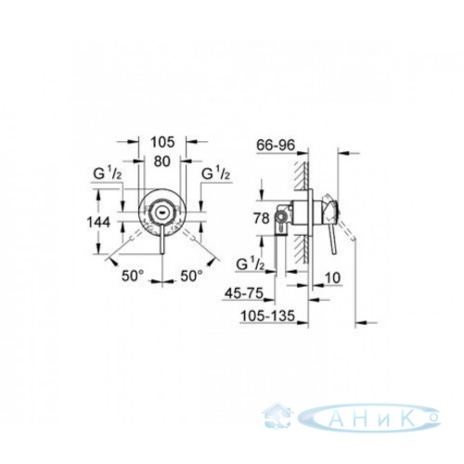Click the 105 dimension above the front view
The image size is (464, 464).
click(162, 142)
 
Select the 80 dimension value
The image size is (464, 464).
click(161, 161)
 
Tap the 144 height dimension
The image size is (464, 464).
click(98, 222)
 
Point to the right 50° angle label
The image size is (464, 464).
click(192, 276)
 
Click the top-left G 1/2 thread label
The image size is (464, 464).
click(108, 174)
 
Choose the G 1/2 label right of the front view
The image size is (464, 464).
click(216, 174)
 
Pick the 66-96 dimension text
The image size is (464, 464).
click(276, 146)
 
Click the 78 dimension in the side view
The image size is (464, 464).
click(262, 218)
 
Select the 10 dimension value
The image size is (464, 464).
click(333, 277)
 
